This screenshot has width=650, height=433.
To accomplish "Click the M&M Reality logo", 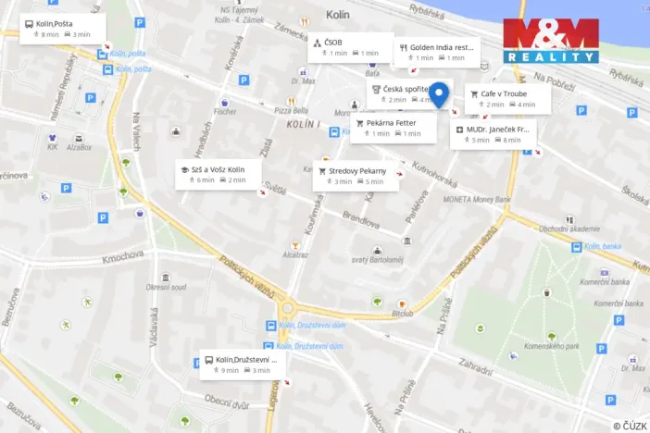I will (x=551, y=41).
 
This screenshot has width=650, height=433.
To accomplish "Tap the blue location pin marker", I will (x=440, y=93).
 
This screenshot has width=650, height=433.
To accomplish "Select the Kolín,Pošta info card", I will (x=62, y=29).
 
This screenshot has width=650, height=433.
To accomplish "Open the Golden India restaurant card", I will (x=436, y=52).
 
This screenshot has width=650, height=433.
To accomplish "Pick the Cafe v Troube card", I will (x=507, y=99).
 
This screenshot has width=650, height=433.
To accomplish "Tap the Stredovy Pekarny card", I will (x=355, y=176).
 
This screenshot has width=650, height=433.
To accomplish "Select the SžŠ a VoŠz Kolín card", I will (x=217, y=175).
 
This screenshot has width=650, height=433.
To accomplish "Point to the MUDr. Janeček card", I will (x=494, y=134).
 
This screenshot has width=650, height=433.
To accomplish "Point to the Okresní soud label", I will (x=165, y=288).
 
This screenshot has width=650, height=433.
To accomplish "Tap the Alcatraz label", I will (x=295, y=253).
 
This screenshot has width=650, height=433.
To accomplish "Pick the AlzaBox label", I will (x=78, y=147).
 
